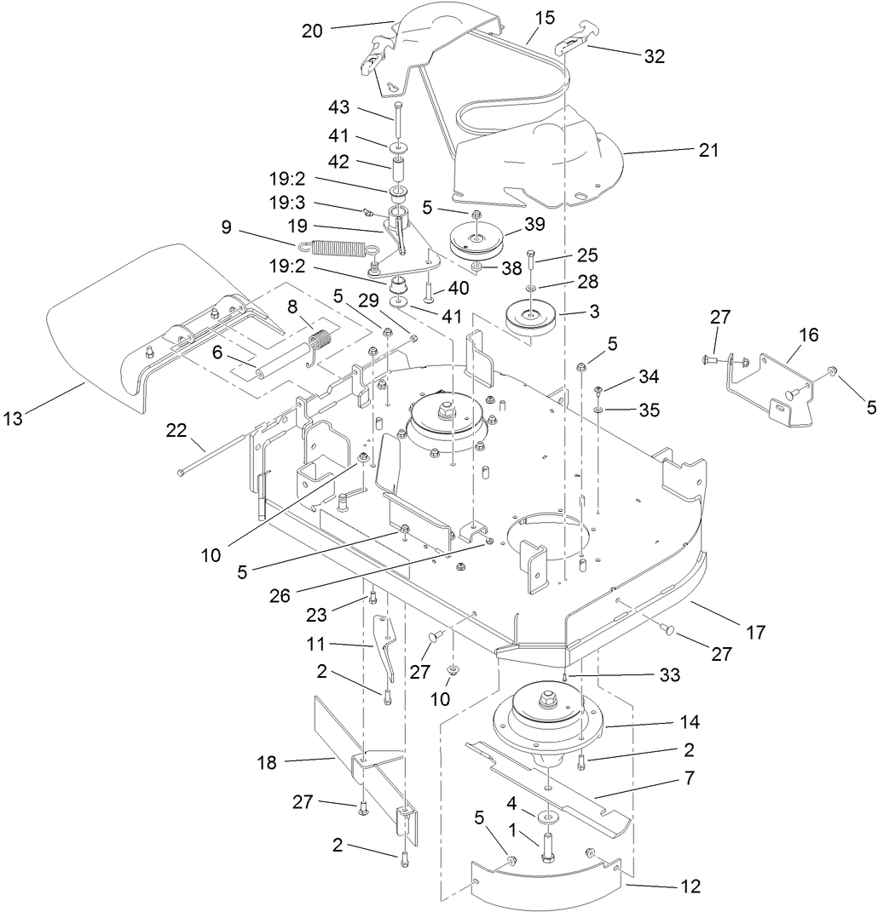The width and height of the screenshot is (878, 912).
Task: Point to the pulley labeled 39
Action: click(477, 238)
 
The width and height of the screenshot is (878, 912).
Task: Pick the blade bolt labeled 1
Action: click(546, 848)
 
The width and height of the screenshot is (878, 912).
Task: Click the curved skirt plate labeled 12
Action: click(546, 886)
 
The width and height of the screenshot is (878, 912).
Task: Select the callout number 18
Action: click(268, 762)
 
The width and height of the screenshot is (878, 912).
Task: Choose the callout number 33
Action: click(670, 675)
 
